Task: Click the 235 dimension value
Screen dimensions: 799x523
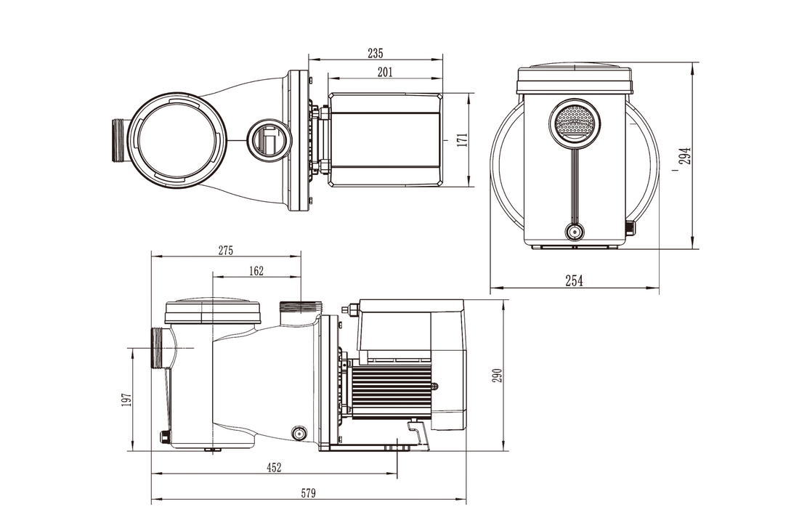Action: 375,53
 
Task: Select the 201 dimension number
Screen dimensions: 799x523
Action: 385,72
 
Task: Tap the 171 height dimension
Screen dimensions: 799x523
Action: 462,140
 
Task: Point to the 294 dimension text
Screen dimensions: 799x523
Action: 686,155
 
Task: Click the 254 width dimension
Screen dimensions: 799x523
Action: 574,280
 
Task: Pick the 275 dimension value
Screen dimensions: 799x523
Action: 226,251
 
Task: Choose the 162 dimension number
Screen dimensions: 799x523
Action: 256,271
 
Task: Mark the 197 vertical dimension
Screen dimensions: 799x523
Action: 127,400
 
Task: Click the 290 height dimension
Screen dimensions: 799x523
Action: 498,376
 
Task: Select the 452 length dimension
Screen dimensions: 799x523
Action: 274,467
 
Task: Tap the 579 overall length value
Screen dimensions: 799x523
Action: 308,493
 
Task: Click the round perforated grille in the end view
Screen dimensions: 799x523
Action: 575,121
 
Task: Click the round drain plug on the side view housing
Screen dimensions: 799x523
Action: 298,434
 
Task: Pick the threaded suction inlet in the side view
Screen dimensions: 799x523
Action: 157,348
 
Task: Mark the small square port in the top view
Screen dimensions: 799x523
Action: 269,139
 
